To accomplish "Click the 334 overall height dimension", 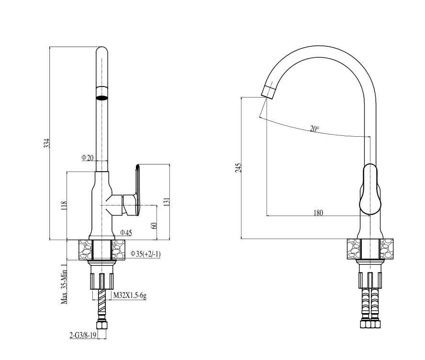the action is point(47,143).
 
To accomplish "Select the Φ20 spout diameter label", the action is point(87,158).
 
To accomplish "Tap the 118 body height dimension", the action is point(64,206).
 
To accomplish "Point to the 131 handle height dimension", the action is point(167,202).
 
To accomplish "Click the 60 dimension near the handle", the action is point(154,226).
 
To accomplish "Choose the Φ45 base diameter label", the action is point(126,232).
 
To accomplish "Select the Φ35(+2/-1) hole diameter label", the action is point(145,254).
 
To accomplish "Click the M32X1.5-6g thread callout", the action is point(130,295).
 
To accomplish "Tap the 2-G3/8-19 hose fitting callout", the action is point(83,335).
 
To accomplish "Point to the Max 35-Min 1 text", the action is point(64,284).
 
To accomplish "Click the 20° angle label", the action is point(314,128).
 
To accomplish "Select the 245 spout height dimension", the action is point(238,168).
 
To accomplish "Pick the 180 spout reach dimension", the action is point(318,213).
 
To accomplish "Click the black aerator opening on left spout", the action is point(102,98).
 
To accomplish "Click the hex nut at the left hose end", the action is point(102,325).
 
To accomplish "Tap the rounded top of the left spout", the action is point(102,49).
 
